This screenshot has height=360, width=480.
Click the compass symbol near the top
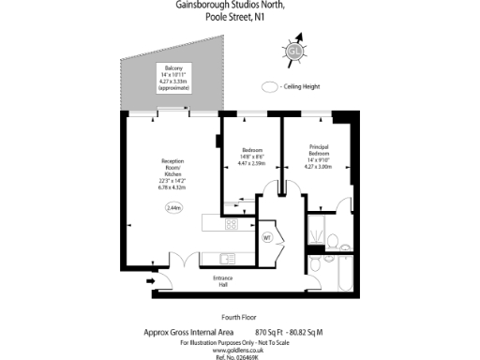pos(295,51)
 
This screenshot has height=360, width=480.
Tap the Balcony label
pos(173,68)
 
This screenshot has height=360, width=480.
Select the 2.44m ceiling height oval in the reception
pos(173,207)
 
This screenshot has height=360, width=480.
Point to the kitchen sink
pos(230,258)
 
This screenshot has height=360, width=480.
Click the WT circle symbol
pos(266,236)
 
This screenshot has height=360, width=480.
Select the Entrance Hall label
pos(222,282)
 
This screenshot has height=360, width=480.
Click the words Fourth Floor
pos(240,316)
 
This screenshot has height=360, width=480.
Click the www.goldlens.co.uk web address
pos(240,347)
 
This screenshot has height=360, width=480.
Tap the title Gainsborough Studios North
pos(240,6)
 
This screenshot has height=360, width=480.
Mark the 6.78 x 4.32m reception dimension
pos(173,187)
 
